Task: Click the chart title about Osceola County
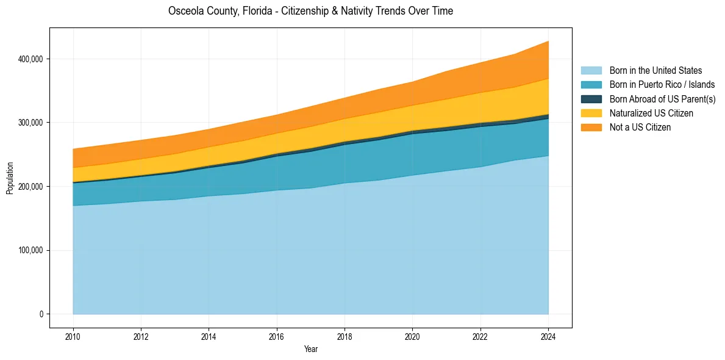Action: (x=310, y=11)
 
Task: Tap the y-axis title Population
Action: (x=10, y=178)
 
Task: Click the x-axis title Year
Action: (x=310, y=349)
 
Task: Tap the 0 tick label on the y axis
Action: (x=41, y=314)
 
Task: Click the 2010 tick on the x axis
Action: (x=73, y=336)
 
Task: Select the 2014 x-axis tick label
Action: (x=209, y=336)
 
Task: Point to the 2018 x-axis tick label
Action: (x=345, y=336)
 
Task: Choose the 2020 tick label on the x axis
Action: (x=413, y=336)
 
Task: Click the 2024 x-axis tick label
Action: (x=549, y=336)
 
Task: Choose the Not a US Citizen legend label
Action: (x=640, y=128)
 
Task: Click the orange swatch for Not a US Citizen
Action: (x=591, y=128)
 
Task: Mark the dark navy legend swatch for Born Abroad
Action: (x=591, y=99)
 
